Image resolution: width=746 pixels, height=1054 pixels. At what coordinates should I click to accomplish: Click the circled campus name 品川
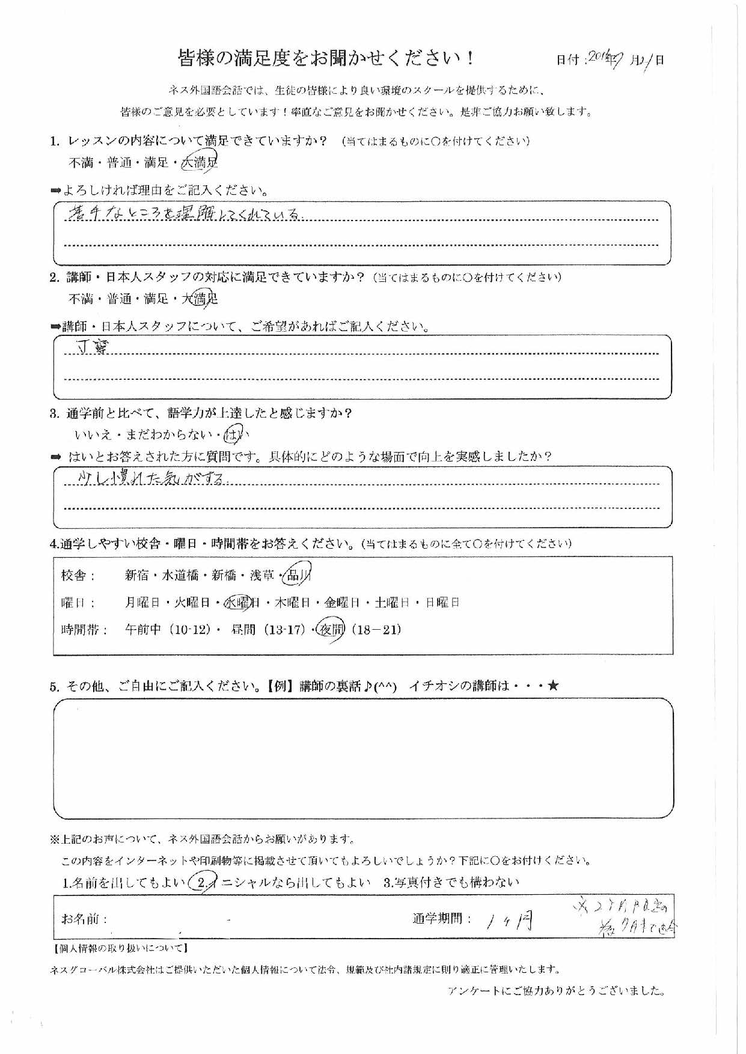[297, 575]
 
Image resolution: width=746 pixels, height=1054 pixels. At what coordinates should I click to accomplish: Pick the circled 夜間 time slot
[331, 630]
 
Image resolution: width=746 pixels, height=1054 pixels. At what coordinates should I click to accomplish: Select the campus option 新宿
[136, 576]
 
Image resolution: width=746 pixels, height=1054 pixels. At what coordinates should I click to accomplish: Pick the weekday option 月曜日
[141, 603]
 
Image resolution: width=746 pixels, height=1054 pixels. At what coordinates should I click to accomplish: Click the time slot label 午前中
[143, 630]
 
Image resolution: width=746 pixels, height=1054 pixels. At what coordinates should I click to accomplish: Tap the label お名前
[84, 919]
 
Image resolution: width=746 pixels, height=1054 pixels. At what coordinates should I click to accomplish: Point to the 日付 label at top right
[567, 60]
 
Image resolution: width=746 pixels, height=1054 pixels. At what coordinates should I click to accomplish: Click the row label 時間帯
[84, 630]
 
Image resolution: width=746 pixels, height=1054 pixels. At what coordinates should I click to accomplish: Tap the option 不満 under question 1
[81, 163]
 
